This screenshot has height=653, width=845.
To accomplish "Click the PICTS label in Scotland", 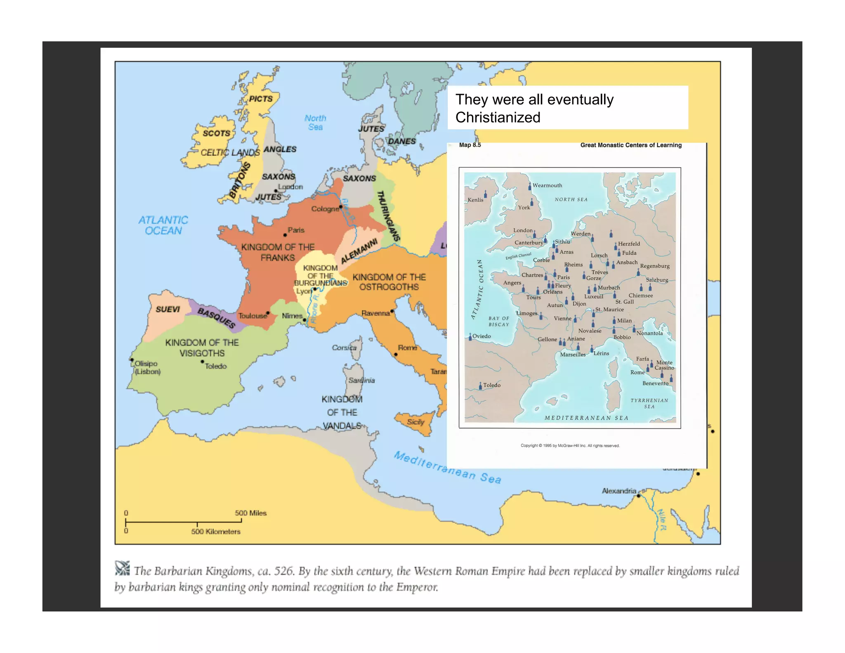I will pos(261,99).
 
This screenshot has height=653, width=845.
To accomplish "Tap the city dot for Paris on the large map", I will pos(285,235).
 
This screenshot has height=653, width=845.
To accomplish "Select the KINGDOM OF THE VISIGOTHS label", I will pos(202,348).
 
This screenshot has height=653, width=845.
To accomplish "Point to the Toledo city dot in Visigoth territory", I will pos(203,362).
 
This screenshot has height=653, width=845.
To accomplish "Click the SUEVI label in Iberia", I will pos(168,310).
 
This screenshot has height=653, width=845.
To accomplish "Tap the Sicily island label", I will pos(415,422).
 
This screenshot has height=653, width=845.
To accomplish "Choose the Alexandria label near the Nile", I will pos(618,491).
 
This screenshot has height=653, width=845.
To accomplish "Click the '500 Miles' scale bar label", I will pos(251,513).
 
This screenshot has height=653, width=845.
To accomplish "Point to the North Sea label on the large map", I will pos(316,123).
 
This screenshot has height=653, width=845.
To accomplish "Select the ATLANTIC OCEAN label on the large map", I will pos(163,225).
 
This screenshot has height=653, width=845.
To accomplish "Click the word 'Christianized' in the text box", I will pos(498,118).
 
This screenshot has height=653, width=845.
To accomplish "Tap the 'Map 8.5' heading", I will pos(470,145).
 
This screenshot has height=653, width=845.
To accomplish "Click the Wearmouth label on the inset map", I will pos(547,185).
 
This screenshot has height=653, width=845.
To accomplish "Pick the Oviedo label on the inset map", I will pos(482,336).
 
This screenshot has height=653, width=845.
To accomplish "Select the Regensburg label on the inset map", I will pos(655,266).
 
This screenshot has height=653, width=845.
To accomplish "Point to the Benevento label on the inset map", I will pos(655,383).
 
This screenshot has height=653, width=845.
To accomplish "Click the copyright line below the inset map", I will pos(570,446).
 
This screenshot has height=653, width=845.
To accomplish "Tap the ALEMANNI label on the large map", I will pos(359,251).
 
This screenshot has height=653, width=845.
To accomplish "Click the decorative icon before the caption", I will pos(122,568).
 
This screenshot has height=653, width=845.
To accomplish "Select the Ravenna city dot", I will pos(392,311).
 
